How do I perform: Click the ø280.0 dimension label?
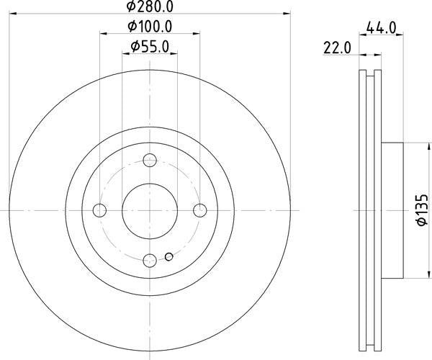pyautogui.click(x=150, y=6)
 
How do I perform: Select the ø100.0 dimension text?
pyautogui.click(x=150, y=27)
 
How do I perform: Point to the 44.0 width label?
pyautogui.click(x=381, y=29)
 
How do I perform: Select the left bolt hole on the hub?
pyautogui.click(x=100, y=210)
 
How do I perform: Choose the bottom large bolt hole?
pyautogui.click(x=150, y=260)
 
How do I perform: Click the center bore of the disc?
pyautogui.click(x=150, y=210)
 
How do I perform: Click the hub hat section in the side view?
pyautogui.click(x=392, y=210)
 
